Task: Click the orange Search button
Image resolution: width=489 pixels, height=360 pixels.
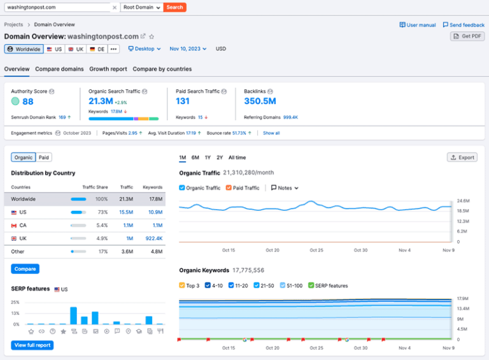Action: tap(174, 8)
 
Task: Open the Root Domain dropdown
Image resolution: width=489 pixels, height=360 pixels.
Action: tap(141, 8)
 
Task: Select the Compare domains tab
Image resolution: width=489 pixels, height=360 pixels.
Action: tap(59, 69)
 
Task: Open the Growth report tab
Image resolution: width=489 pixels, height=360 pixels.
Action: tap(108, 69)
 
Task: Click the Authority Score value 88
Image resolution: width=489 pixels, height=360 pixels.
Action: tap(28, 101)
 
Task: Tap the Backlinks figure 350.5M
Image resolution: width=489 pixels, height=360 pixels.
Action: tap(260, 101)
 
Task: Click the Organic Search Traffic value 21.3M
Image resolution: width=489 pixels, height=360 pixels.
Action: tap(101, 101)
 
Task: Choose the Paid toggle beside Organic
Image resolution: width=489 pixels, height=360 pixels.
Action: tap(44, 157)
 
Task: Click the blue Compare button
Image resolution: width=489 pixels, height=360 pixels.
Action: tap(25, 269)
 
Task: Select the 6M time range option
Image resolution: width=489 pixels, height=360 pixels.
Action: tap(195, 157)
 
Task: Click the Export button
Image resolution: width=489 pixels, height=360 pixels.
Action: tap(462, 157)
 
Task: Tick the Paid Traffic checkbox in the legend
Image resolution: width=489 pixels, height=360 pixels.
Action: tap(229, 188)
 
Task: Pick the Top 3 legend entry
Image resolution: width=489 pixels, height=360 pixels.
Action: tap(183, 285)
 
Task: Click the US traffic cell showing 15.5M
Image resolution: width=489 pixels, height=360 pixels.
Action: tap(125, 212)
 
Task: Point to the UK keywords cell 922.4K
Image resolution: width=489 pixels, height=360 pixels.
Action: tap(153, 238)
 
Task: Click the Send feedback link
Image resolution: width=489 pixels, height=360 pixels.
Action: tap(464, 25)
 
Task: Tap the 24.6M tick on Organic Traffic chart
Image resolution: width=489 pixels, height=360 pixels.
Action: tap(463, 201)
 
